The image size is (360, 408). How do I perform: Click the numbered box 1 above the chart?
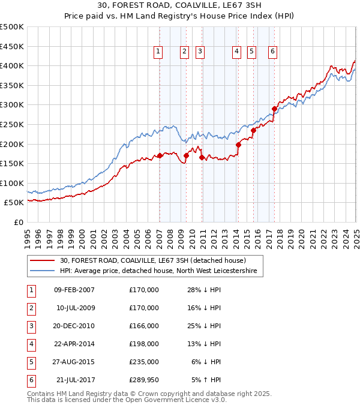[158, 52]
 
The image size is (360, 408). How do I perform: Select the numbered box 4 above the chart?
[237, 52]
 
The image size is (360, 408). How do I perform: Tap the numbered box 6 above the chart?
[272, 52]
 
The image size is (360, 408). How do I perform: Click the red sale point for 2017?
[274, 109]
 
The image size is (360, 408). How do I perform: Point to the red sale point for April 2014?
[238, 145]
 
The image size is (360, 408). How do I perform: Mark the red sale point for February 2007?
[160, 155]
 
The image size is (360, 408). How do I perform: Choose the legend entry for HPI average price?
[158, 271]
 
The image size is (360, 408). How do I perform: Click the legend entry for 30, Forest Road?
[152, 260]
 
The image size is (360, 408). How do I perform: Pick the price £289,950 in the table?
[143, 380]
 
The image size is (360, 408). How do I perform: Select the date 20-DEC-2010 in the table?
[75, 326]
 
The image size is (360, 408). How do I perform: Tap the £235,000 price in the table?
[143, 362]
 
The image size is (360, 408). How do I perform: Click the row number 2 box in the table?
[31, 308]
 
